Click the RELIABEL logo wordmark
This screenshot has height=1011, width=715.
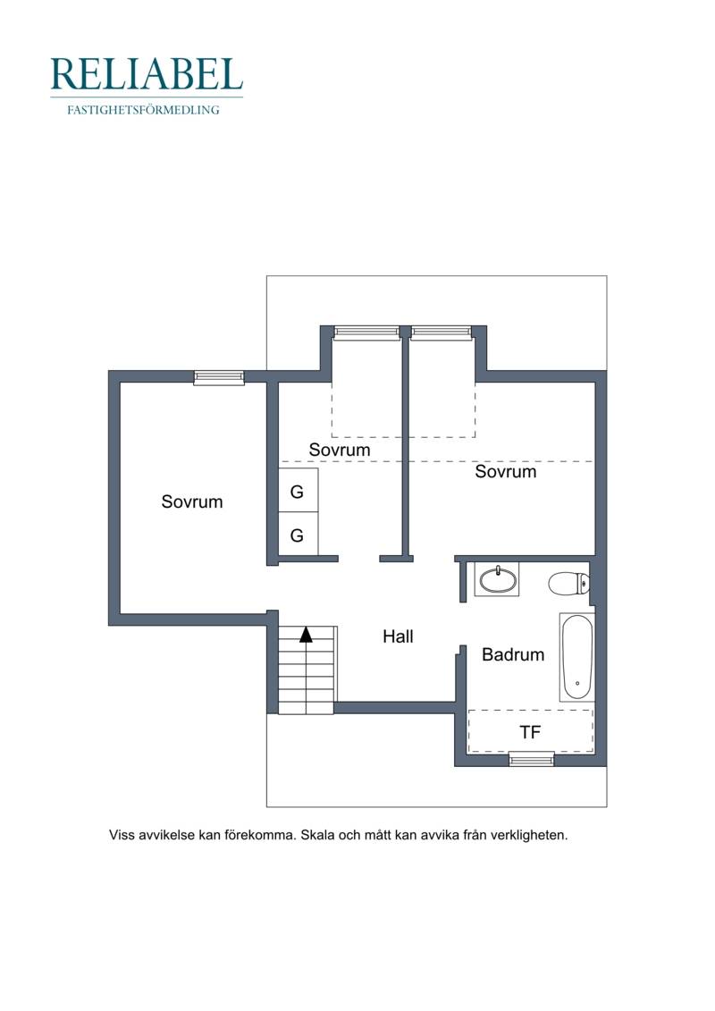[147, 74]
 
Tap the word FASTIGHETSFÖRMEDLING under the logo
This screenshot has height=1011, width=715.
[143, 110]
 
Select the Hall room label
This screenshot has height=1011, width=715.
[398, 636]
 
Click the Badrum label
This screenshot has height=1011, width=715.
[513, 654]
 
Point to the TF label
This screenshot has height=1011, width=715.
[530, 732]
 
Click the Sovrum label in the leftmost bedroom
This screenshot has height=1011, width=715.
[192, 501]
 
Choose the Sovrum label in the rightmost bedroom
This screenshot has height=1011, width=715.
[506, 471]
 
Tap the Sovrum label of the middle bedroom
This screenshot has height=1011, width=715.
[340, 450]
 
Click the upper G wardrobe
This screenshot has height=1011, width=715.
[298, 491]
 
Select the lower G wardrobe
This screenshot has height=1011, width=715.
[298, 534]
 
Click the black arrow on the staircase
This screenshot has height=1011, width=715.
[307, 635]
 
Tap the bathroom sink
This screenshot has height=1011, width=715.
[497, 579]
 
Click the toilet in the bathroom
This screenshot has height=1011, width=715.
[568, 584]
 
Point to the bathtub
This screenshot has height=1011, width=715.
[576, 657]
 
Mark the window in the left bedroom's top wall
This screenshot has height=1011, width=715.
[219, 378]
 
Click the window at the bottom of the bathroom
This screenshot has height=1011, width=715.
[532, 759]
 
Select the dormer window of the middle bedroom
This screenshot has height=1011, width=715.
[366, 332]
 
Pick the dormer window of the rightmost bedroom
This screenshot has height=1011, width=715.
[442, 332]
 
